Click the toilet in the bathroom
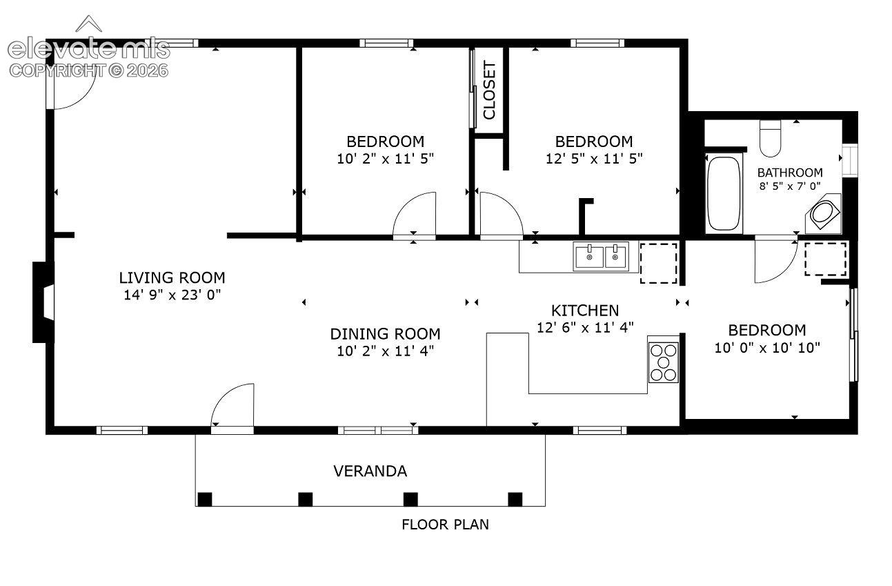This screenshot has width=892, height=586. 770,139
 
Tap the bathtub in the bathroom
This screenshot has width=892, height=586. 724,193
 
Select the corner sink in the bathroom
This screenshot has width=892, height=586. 824,213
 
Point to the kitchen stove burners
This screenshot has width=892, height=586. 663,362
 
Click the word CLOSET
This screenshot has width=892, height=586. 489,90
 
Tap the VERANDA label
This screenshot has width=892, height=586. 370,471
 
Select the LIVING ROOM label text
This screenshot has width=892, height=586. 172,277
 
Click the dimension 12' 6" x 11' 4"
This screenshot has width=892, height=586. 585,327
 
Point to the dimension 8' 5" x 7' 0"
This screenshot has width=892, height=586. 790,186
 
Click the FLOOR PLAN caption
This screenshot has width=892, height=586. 445,525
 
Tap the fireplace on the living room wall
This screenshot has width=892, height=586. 43,302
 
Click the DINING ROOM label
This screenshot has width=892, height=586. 385,334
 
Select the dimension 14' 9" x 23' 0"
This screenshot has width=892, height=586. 172,295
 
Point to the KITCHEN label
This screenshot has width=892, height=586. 585,311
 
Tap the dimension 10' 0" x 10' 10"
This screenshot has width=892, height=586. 767,348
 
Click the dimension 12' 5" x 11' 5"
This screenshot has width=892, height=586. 594,159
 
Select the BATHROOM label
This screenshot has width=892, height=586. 790,173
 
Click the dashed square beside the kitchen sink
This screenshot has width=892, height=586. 658,264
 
